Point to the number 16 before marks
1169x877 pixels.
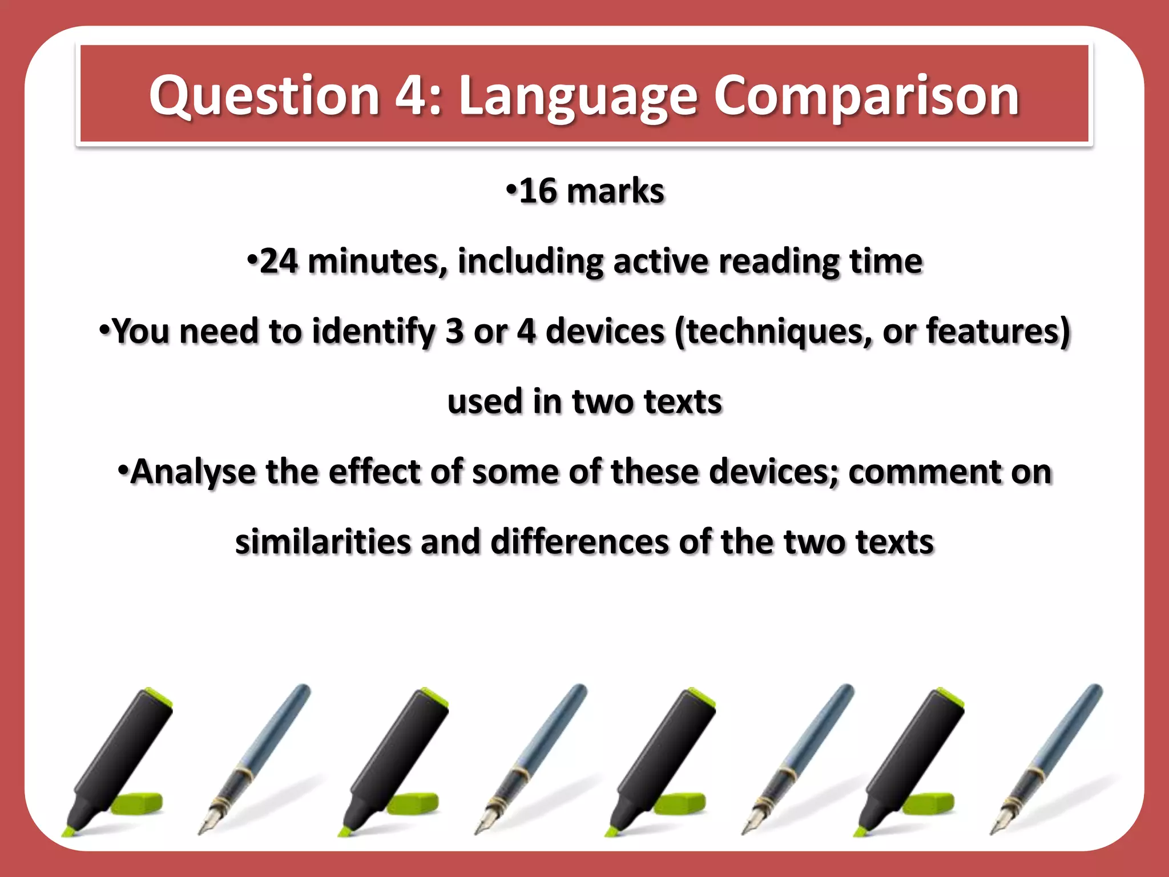[538, 191]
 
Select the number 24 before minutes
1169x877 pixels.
[278, 262]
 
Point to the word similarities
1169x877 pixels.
[323, 541]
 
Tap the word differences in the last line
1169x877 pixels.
[579, 541]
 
